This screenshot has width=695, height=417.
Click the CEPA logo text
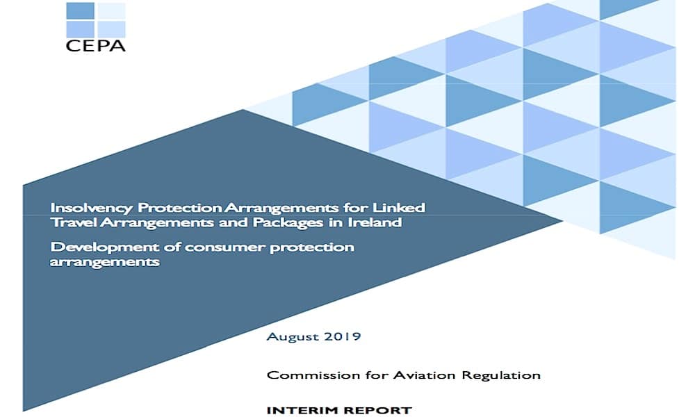point(95,46)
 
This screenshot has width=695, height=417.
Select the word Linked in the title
point(398,207)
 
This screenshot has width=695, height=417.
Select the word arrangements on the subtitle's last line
point(105,262)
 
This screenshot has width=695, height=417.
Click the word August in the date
point(293,337)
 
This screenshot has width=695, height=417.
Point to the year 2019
point(343,336)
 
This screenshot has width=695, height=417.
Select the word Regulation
point(501,376)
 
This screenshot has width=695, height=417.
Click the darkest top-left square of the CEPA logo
point(80,10)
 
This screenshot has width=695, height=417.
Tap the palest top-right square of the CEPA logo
point(111,10)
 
